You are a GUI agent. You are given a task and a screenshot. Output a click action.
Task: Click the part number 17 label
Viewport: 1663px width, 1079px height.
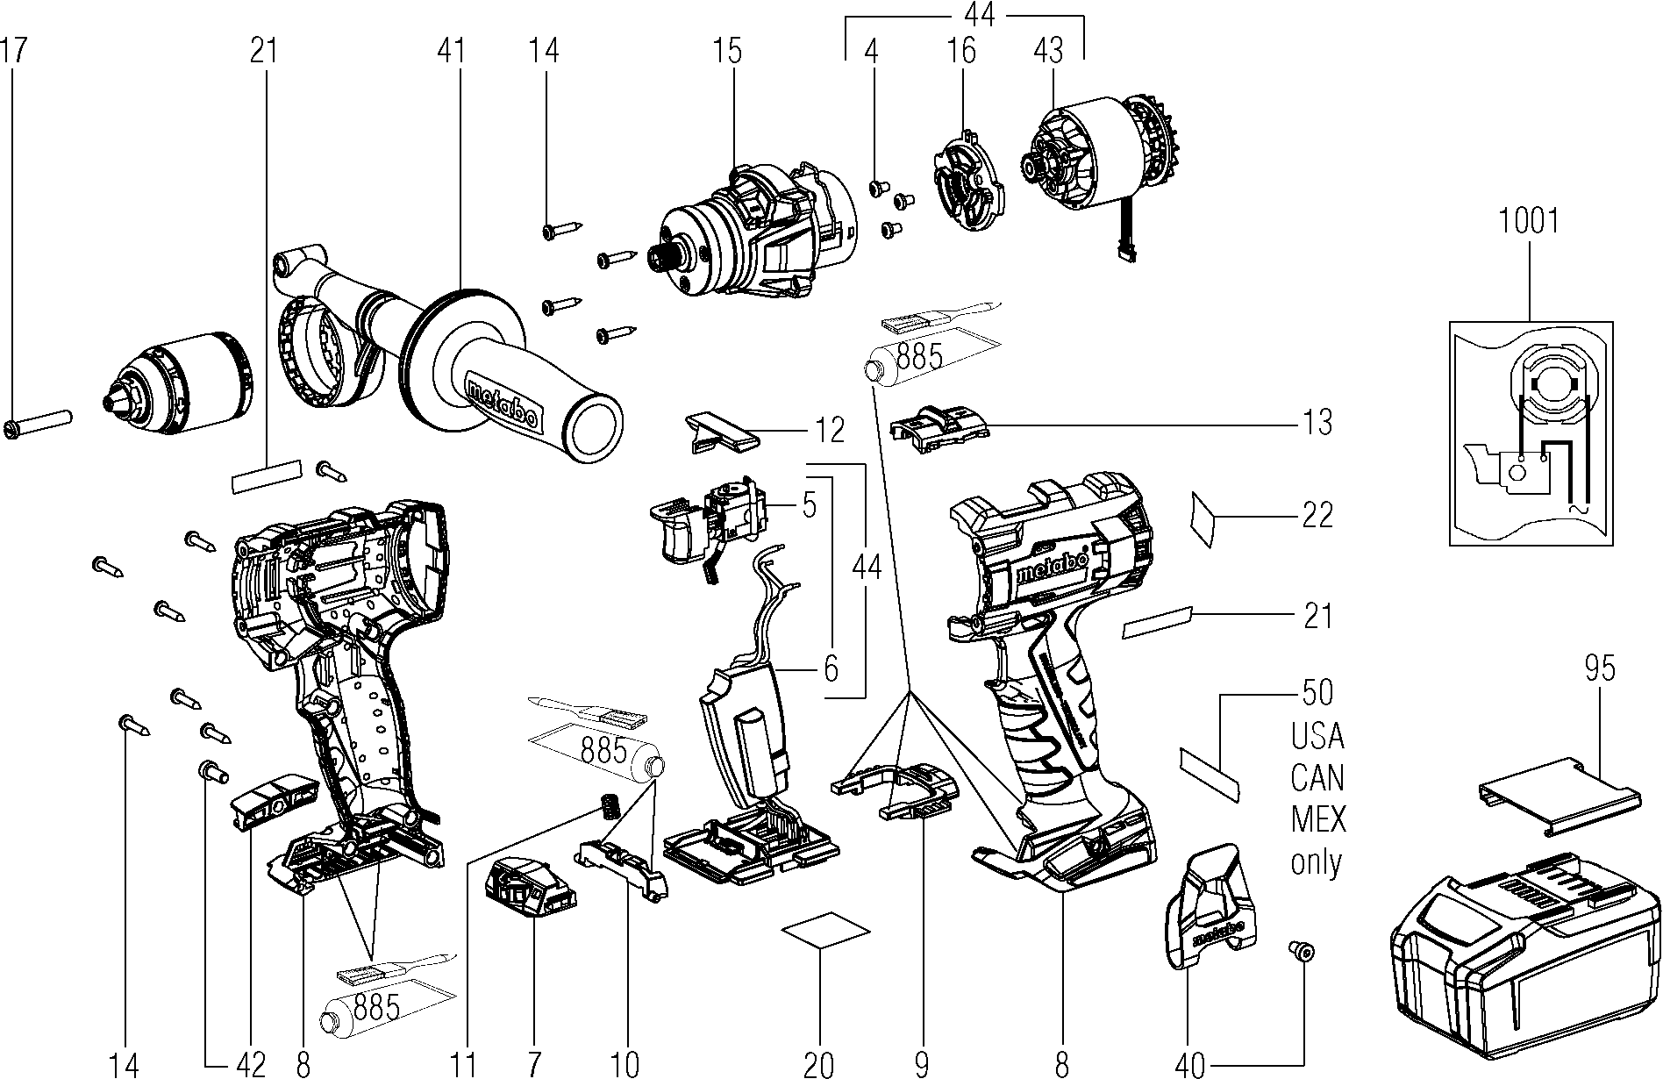click(x=15, y=50)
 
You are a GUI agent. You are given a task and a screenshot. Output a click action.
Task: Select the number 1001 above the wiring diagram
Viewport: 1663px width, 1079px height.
click(x=1529, y=220)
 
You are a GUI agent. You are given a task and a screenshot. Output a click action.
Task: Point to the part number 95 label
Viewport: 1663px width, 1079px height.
click(x=1599, y=669)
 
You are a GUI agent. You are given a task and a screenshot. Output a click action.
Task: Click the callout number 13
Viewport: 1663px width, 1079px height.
click(x=1316, y=423)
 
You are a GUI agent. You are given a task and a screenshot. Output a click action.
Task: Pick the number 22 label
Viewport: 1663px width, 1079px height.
click(x=1317, y=515)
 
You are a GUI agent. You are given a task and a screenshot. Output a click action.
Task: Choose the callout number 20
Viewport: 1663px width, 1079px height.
click(x=819, y=1064)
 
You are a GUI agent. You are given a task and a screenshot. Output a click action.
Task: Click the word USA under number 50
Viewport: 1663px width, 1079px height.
click(x=1317, y=735)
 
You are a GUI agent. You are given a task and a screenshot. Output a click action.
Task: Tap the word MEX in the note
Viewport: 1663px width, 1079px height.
click(x=1317, y=820)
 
